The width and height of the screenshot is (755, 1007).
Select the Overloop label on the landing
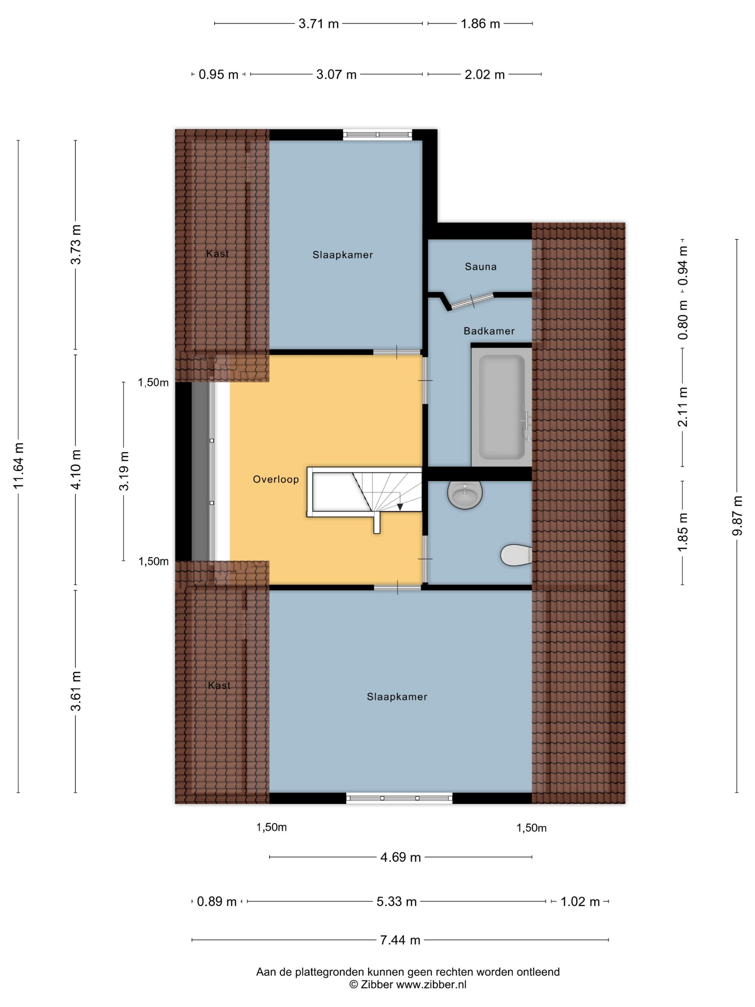tap(276, 479)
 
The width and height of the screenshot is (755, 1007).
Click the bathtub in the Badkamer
tap(502, 406)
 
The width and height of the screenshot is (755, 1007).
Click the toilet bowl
tap(516, 555)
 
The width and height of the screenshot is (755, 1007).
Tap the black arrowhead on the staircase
tap(400, 506)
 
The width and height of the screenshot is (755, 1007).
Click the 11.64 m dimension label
tap(19, 465)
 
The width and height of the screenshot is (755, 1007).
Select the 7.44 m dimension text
tap(400, 940)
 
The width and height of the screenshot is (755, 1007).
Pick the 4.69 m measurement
tap(401, 857)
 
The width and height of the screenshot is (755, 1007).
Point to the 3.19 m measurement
tap(124, 471)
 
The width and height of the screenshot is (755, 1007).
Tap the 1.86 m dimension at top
tap(480, 24)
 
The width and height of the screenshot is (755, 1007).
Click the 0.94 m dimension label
tap(683, 265)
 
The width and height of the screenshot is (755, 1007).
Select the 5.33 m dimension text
tap(397, 901)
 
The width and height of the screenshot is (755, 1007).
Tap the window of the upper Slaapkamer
tap(377, 135)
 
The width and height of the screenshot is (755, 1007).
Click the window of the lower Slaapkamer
tap(399, 798)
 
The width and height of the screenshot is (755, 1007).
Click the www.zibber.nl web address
tap(431, 985)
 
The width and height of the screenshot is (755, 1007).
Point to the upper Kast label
tap(218, 254)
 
